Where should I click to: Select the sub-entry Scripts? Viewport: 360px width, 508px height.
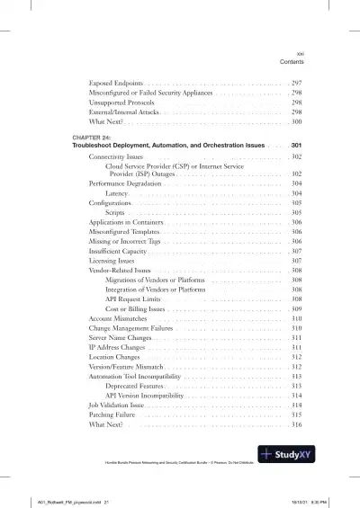pyautogui.click(x=116, y=213)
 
